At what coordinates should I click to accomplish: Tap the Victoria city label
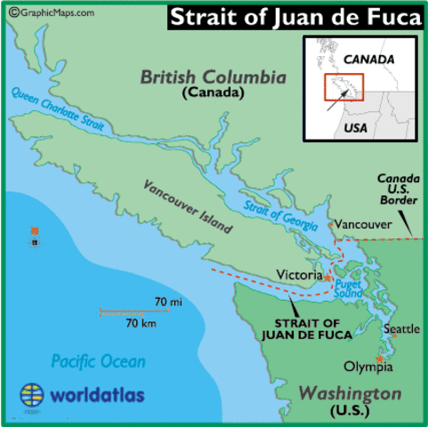click(x=299, y=276)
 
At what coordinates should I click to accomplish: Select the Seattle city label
click(x=400, y=329)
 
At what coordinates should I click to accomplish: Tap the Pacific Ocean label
click(x=97, y=361)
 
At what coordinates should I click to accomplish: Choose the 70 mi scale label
click(x=168, y=303)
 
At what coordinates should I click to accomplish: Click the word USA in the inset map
click(x=356, y=126)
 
